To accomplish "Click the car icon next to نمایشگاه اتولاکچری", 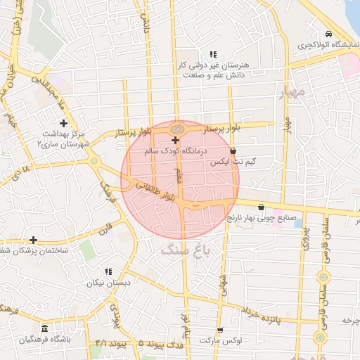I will (x=328, y=34).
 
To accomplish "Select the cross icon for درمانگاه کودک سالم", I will (x=175, y=141).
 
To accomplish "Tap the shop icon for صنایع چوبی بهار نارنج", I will (x=262, y=207).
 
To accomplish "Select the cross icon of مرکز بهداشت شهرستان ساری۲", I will (x=63, y=123).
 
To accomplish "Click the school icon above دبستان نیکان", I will (x=108, y=271).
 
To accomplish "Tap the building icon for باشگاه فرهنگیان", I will (x=44, y=329).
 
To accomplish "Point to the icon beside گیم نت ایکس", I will (x=233, y=150).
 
